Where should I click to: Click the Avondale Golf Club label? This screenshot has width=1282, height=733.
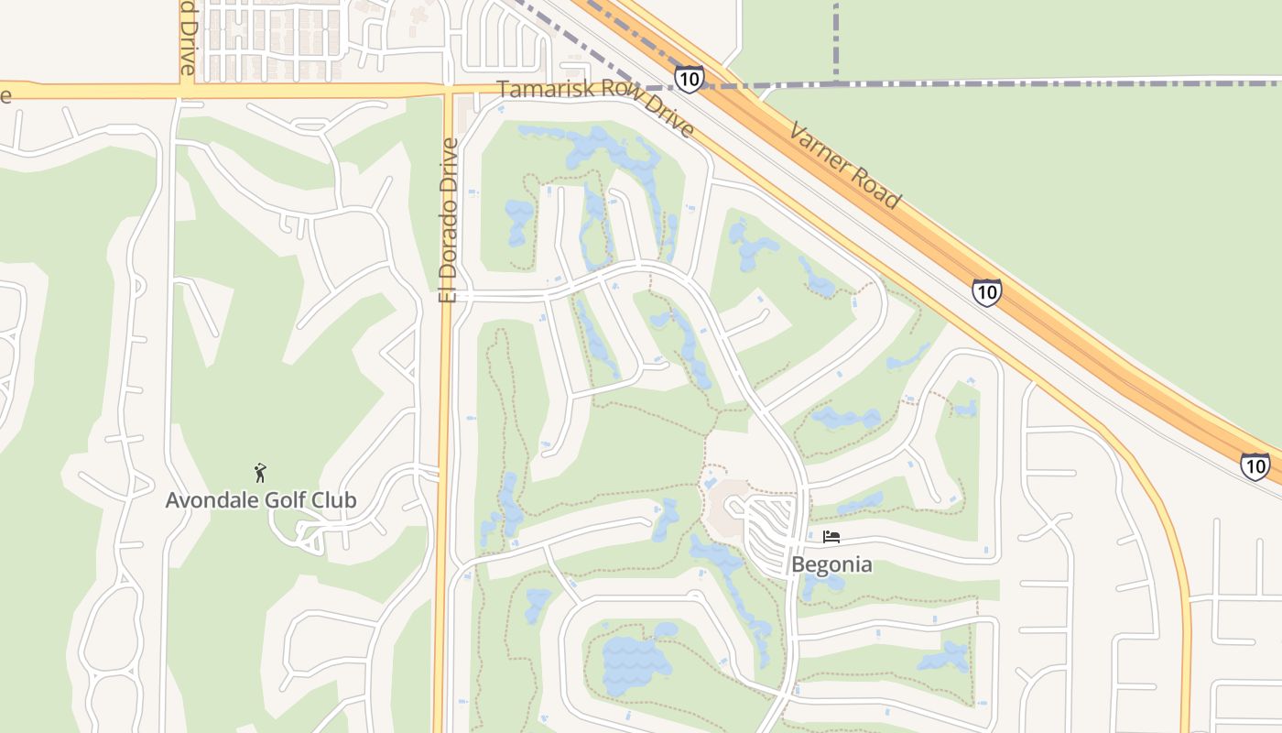[261, 501]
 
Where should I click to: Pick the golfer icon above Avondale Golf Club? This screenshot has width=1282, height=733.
[261, 473]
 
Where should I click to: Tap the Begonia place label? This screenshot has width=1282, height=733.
[831, 564]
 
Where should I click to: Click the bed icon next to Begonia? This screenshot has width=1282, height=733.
[831, 537]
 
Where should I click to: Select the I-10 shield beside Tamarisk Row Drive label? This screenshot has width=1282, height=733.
[690, 78]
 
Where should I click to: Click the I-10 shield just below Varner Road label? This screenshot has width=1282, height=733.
[986, 292]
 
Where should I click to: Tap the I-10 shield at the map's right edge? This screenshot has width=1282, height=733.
[1255, 466]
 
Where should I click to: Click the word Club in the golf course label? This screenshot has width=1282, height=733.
[331, 501]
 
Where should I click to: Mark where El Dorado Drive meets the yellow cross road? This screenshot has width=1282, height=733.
[448, 91]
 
